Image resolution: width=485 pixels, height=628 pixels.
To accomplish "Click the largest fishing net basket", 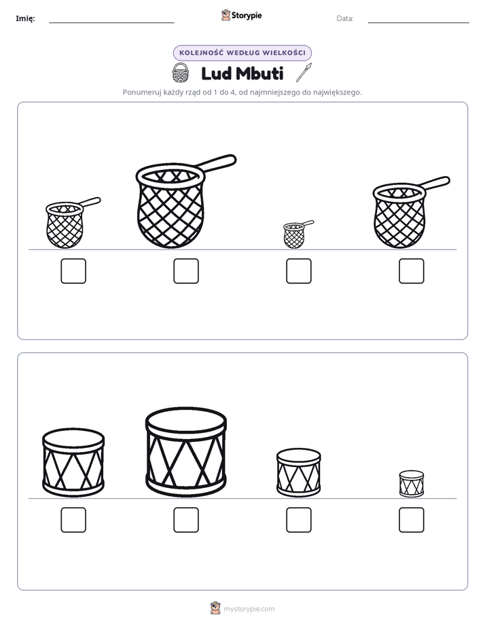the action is click(172, 206).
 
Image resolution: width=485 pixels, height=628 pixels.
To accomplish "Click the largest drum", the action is click(186, 452).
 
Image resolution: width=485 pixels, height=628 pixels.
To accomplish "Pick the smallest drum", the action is click(412, 484).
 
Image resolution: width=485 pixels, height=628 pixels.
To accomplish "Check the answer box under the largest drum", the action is click(186, 520).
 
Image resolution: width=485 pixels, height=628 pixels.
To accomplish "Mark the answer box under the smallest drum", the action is click(412, 520).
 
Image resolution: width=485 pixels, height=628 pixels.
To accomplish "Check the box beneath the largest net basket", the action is click(186, 271).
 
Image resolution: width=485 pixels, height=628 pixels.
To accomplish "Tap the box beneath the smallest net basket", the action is click(298, 271).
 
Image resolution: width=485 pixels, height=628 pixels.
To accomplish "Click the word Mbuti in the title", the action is click(259, 73).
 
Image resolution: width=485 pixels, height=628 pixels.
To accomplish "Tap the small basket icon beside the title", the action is click(180, 73).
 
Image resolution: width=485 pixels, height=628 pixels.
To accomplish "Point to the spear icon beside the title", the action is click(304, 73).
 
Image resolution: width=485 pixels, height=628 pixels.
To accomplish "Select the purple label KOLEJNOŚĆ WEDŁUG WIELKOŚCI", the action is click(242, 53).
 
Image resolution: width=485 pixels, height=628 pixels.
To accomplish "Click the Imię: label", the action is click(25, 18).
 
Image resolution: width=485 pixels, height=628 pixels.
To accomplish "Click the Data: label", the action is click(345, 18).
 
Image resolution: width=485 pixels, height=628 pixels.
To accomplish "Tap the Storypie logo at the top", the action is click(241, 16).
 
